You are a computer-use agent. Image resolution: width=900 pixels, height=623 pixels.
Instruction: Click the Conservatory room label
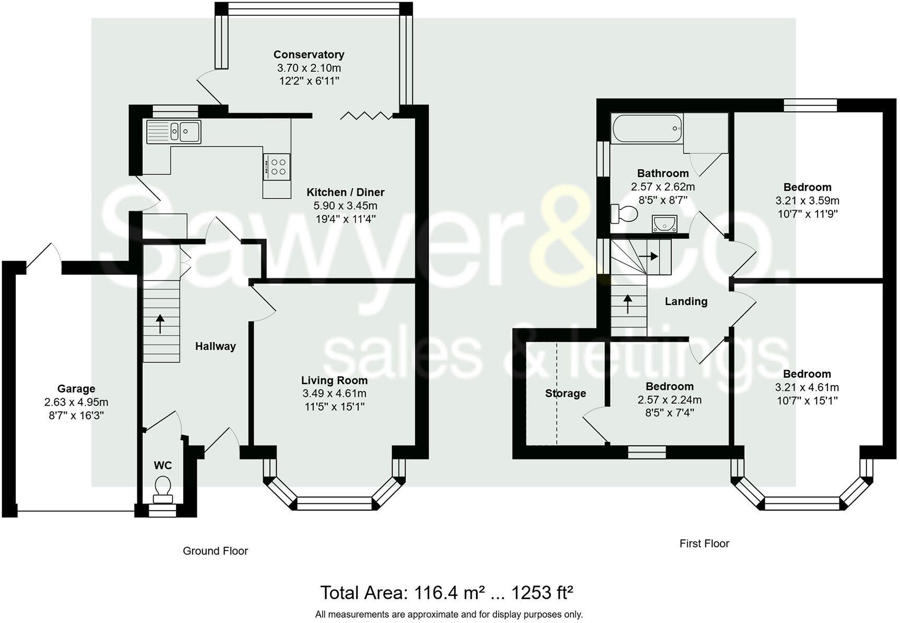(x=309, y=54)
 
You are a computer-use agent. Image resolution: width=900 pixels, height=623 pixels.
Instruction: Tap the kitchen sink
(x=174, y=131)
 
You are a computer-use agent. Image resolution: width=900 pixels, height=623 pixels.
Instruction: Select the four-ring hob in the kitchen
(x=277, y=167)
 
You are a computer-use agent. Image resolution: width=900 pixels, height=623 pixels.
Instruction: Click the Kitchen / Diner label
(x=345, y=192)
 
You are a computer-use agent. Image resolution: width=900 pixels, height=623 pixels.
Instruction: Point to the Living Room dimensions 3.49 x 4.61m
(x=334, y=394)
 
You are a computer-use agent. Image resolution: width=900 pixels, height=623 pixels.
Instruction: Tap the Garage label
(x=76, y=388)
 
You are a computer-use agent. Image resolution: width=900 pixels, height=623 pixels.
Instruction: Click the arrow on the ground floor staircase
(x=160, y=324)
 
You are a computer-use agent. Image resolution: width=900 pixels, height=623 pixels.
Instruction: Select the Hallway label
(x=216, y=346)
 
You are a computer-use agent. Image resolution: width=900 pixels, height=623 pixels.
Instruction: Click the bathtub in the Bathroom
(x=647, y=128)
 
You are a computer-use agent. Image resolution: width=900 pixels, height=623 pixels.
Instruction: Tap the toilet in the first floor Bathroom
(x=624, y=213)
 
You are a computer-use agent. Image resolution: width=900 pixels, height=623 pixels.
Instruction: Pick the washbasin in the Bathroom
(x=665, y=223)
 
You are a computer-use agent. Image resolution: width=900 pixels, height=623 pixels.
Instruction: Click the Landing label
(x=686, y=301)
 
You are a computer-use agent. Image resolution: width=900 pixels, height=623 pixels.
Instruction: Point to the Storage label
(x=565, y=393)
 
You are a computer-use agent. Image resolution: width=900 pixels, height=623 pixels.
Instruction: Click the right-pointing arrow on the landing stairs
(x=648, y=256)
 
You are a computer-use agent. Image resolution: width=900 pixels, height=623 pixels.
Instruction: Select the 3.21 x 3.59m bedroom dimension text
(x=807, y=200)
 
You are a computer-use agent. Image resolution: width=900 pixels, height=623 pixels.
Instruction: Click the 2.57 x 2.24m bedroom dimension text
(x=669, y=400)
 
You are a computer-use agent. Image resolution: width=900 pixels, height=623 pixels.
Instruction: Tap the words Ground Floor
(x=215, y=551)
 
